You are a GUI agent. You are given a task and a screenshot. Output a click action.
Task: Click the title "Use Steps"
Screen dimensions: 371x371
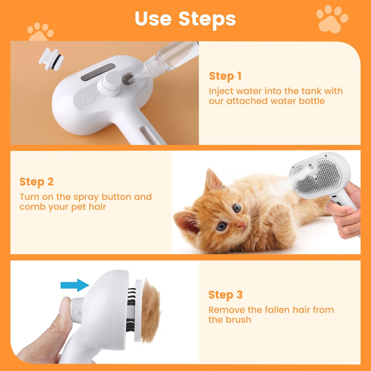click(x=185, y=19)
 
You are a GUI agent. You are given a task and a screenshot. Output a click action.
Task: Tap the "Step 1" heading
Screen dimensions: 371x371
click(x=225, y=76)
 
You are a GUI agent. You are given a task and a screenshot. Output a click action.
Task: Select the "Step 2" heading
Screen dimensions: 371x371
click(x=36, y=182)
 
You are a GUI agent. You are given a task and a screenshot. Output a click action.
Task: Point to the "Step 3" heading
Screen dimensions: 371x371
click(x=225, y=295)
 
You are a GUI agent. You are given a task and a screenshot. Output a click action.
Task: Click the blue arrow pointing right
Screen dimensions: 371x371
click(x=75, y=285)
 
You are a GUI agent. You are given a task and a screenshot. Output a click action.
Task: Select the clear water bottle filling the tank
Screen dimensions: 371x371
click(x=169, y=59)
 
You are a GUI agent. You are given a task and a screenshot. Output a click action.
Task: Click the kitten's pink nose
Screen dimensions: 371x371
click(x=241, y=224)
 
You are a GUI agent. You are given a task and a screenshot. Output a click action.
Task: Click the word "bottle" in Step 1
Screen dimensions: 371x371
click(x=312, y=101)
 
